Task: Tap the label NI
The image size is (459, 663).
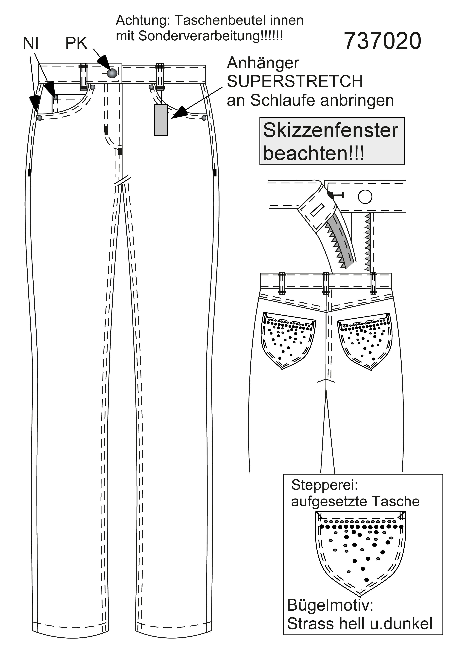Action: coord(31,43)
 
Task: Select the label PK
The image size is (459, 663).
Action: coord(76,43)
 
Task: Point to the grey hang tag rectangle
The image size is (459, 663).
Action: coord(161,120)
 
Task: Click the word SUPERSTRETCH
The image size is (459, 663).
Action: coord(295,82)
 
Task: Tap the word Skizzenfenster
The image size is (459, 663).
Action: coord(331,130)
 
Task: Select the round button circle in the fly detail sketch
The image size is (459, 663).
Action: coord(365,197)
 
